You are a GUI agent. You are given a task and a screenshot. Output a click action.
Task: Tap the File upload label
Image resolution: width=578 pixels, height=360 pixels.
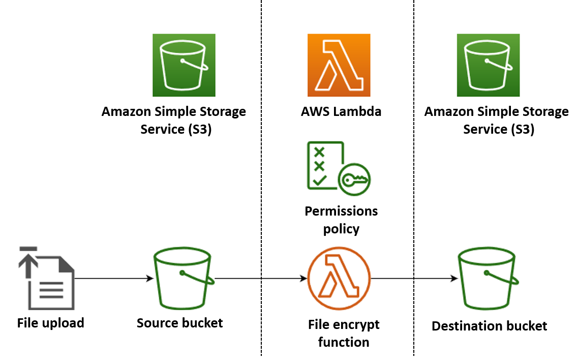[x=50, y=323]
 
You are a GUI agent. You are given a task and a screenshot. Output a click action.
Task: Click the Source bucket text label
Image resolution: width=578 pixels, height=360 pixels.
[x=179, y=323]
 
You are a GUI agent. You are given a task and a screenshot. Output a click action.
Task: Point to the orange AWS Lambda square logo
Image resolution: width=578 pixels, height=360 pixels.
[x=339, y=65]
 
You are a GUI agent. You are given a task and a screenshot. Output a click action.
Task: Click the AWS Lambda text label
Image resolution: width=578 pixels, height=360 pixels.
[x=341, y=111]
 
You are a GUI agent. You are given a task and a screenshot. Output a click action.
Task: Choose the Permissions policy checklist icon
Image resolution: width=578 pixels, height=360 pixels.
[x=326, y=166]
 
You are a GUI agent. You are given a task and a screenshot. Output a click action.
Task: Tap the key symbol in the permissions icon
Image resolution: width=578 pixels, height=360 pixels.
[x=355, y=179]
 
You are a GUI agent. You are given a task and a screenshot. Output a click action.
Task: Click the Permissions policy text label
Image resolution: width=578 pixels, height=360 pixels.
[x=341, y=220]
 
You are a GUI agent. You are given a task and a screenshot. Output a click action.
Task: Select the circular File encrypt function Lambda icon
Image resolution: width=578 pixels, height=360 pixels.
[x=339, y=278]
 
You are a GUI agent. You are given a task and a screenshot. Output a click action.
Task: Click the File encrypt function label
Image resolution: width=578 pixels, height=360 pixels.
[x=343, y=333]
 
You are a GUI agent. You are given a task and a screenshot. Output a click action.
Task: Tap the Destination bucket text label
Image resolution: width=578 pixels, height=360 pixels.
[x=489, y=326]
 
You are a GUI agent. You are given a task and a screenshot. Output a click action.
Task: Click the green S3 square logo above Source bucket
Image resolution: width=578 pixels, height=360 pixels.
[x=184, y=65]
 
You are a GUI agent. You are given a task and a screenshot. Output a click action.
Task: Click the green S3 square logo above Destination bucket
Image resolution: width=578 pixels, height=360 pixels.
[x=488, y=65]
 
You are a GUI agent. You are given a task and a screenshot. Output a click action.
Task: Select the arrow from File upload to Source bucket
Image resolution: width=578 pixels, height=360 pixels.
[x=114, y=278]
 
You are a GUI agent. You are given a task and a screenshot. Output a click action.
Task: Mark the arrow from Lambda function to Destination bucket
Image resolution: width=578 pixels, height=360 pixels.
[x=414, y=278]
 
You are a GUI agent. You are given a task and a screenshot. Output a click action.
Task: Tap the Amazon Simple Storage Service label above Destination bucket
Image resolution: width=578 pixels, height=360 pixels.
[x=496, y=121]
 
